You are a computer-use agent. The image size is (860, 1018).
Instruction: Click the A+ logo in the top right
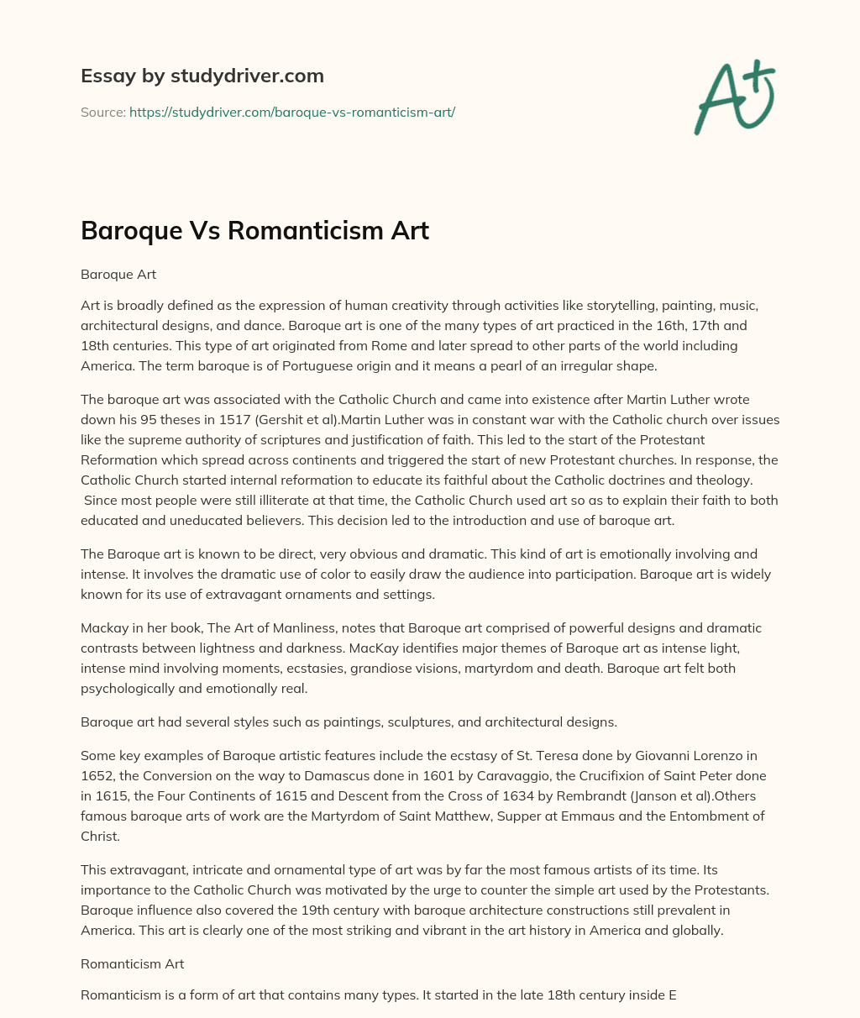(x=734, y=97)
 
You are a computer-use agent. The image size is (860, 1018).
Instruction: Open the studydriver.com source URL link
(x=291, y=112)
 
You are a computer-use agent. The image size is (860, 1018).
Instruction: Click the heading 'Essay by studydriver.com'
(x=202, y=76)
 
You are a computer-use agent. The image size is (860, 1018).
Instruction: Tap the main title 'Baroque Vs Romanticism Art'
(x=254, y=231)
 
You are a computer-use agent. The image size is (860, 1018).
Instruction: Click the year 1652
(x=97, y=775)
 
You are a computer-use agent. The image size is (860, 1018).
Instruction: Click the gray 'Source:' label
(x=102, y=112)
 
